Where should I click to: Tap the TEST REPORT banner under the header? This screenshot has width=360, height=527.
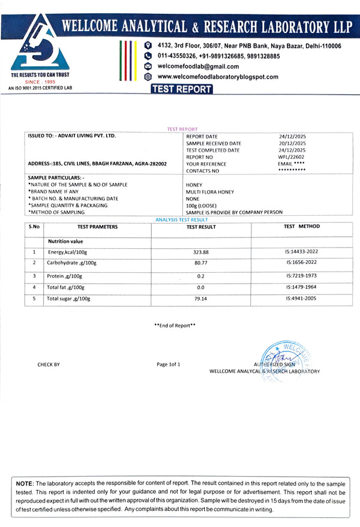(x=182, y=89)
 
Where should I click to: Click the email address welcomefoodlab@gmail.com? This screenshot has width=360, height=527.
(x=198, y=66)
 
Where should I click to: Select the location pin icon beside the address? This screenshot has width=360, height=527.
(x=148, y=46)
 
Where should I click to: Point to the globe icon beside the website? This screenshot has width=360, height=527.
(x=148, y=77)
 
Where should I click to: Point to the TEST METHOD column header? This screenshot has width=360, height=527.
(x=302, y=227)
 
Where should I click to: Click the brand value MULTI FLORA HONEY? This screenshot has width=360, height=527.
(x=211, y=191)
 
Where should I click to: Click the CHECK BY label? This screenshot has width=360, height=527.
(x=49, y=365)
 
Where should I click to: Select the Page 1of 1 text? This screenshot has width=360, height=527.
(x=168, y=364)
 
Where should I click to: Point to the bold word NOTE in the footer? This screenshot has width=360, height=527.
(x=25, y=483)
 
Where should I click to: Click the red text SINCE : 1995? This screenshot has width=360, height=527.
(x=40, y=82)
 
